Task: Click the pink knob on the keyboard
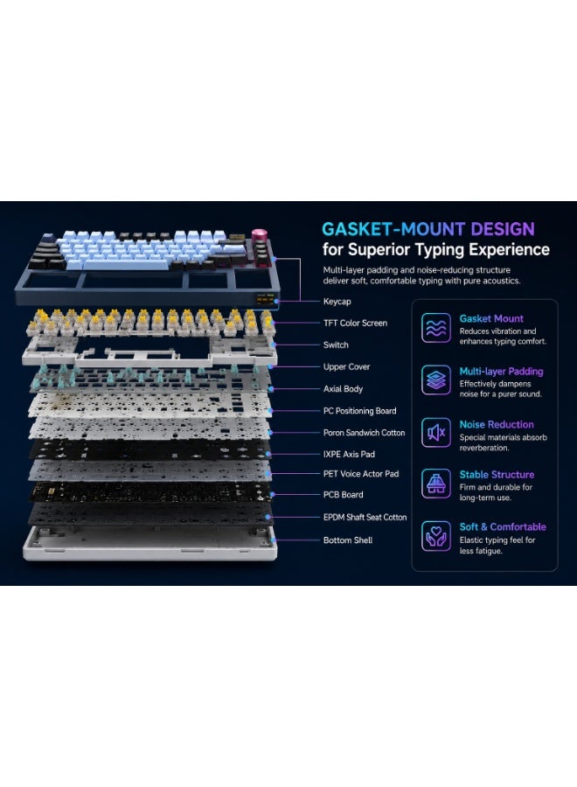260,235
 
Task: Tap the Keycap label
337,301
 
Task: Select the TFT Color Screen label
355,323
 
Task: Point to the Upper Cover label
346,367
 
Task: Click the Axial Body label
343,388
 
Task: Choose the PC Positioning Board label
359,411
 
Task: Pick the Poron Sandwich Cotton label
364,432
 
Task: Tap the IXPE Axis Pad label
349,454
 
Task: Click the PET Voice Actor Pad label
361,473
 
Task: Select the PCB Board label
344,494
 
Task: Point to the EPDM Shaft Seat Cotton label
365,517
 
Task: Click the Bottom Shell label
348,540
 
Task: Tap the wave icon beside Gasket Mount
435,328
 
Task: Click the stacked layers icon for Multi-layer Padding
435,380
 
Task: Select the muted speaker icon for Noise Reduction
435,432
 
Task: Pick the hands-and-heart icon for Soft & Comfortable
435,536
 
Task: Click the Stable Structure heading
497,474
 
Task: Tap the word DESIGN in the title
503,229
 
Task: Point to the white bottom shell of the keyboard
149,544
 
